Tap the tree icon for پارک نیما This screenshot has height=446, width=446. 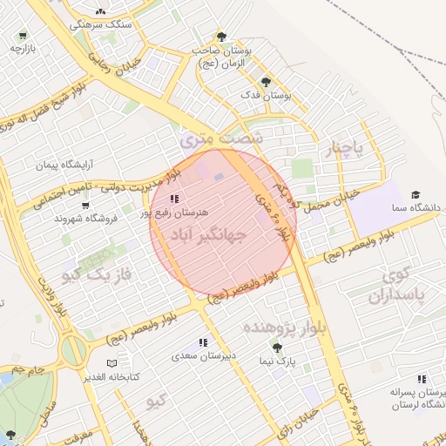(277, 347)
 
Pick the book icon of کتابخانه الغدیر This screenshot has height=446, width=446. (110, 362)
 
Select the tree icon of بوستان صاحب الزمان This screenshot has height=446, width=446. (223, 37)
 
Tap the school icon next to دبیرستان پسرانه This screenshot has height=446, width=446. (422, 379)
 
